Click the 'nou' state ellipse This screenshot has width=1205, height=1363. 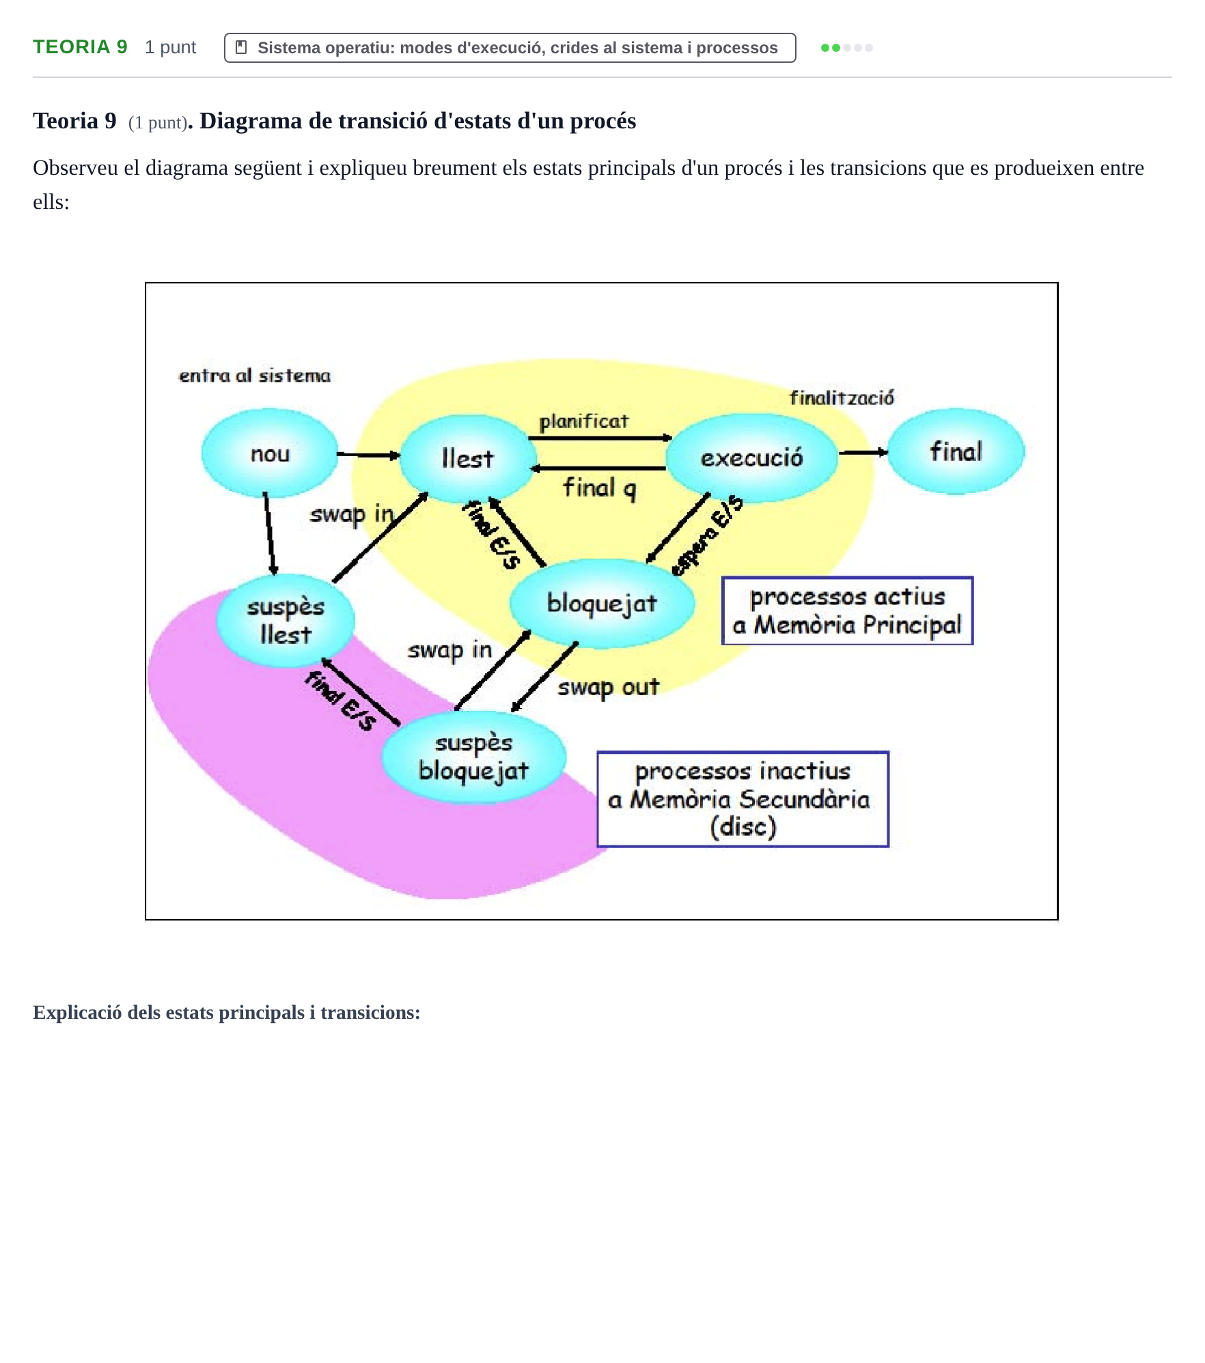270,453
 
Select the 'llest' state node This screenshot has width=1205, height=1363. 467,458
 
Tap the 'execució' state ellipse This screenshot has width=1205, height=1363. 751,458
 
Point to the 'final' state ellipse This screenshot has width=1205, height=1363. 956,451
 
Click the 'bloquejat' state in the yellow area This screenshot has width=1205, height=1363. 602,603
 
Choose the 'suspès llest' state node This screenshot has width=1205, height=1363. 286,620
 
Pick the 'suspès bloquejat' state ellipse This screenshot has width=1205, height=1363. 473,757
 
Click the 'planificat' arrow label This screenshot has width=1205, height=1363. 583,421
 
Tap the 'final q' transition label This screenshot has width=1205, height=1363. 599,488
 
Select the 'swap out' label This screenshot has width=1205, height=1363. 608,687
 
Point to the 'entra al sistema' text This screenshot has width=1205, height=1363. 254,376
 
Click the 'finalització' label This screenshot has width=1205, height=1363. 842,397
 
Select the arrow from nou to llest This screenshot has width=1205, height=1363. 368,455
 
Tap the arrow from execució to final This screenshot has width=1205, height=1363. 863,452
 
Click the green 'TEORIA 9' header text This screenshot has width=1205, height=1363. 80,47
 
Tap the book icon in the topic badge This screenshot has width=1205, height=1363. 240,47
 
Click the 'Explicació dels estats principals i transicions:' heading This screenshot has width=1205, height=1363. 226,1012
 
